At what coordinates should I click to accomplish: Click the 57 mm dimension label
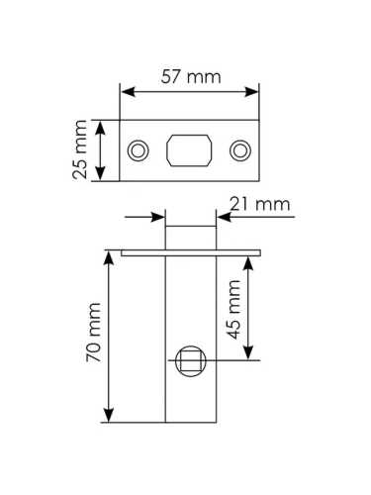coord(191,77)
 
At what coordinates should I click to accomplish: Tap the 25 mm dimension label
coord(80,149)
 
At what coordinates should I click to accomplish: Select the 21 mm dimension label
coord(260,204)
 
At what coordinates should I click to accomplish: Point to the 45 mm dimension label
coord(234,309)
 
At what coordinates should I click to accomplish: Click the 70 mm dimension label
coord(93,332)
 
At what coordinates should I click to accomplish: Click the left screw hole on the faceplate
coord(138,150)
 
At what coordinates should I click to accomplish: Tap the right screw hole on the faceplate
coord(240,150)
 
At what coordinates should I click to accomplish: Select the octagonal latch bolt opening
coord(189,150)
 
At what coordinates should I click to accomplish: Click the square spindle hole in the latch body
coord(191,360)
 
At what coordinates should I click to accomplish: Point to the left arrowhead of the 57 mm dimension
coord(128,92)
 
